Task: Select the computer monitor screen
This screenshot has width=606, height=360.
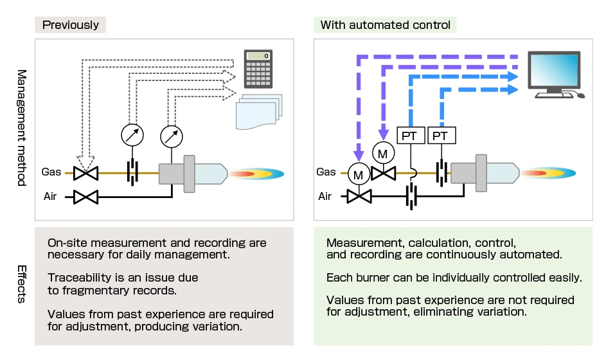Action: tap(554, 69)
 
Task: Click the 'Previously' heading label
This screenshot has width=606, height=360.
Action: tap(70, 25)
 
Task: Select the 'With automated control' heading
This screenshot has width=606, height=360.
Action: tap(386, 25)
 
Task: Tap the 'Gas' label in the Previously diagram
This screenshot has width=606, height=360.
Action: tap(52, 172)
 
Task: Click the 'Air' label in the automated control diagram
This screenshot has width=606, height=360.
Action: tap(325, 196)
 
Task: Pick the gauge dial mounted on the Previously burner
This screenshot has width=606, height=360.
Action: tap(171, 135)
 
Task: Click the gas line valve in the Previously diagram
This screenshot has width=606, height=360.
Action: tap(85, 173)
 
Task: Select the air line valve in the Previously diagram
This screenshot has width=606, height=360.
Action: tap(85, 197)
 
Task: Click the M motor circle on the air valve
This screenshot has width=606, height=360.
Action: tap(358, 173)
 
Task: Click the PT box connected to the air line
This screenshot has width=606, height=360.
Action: tap(410, 136)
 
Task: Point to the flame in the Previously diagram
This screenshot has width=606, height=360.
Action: tap(257, 173)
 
